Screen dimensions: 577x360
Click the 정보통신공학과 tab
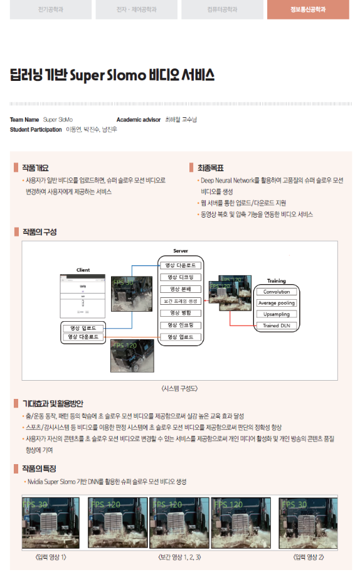pyautogui.click(x=307, y=9)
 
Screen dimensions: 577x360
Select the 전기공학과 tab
pyautogui.click(x=50, y=9)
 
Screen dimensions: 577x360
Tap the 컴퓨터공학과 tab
pyautogui.click(x=222, y=9)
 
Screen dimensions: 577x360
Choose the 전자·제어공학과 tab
pyautogui.click(x=136, y=9)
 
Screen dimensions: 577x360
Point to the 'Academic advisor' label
pyautogui.click(x=139, y=119)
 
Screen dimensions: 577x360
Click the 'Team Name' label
pyautogui.click(x=24, y=119)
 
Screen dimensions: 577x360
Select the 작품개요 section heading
pyautogui.click(x=35, y=167)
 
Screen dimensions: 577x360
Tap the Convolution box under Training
pyautogui.click(x=276, y=292)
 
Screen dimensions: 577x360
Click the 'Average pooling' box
pyautogui.click(x=276, y=303)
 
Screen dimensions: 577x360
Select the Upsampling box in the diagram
pyautogui.click(x=276, y=314)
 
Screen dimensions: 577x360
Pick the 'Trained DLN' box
pyautogui.click(x=276, y=326)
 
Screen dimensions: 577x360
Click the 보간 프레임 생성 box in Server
pyautogui.click(x=180, y=301)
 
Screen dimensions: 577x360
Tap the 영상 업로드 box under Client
pyautogui.click(x=83, y=328)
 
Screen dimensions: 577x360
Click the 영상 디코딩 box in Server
pyautogui.click(x=180, y=277)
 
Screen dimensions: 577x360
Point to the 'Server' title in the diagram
pyautogui.click(x=180, y=251)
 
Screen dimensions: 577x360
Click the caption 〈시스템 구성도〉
pyautogui.click(x=179, y=388)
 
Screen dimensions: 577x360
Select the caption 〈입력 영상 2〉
pyautogui.click(x=309, y=557)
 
